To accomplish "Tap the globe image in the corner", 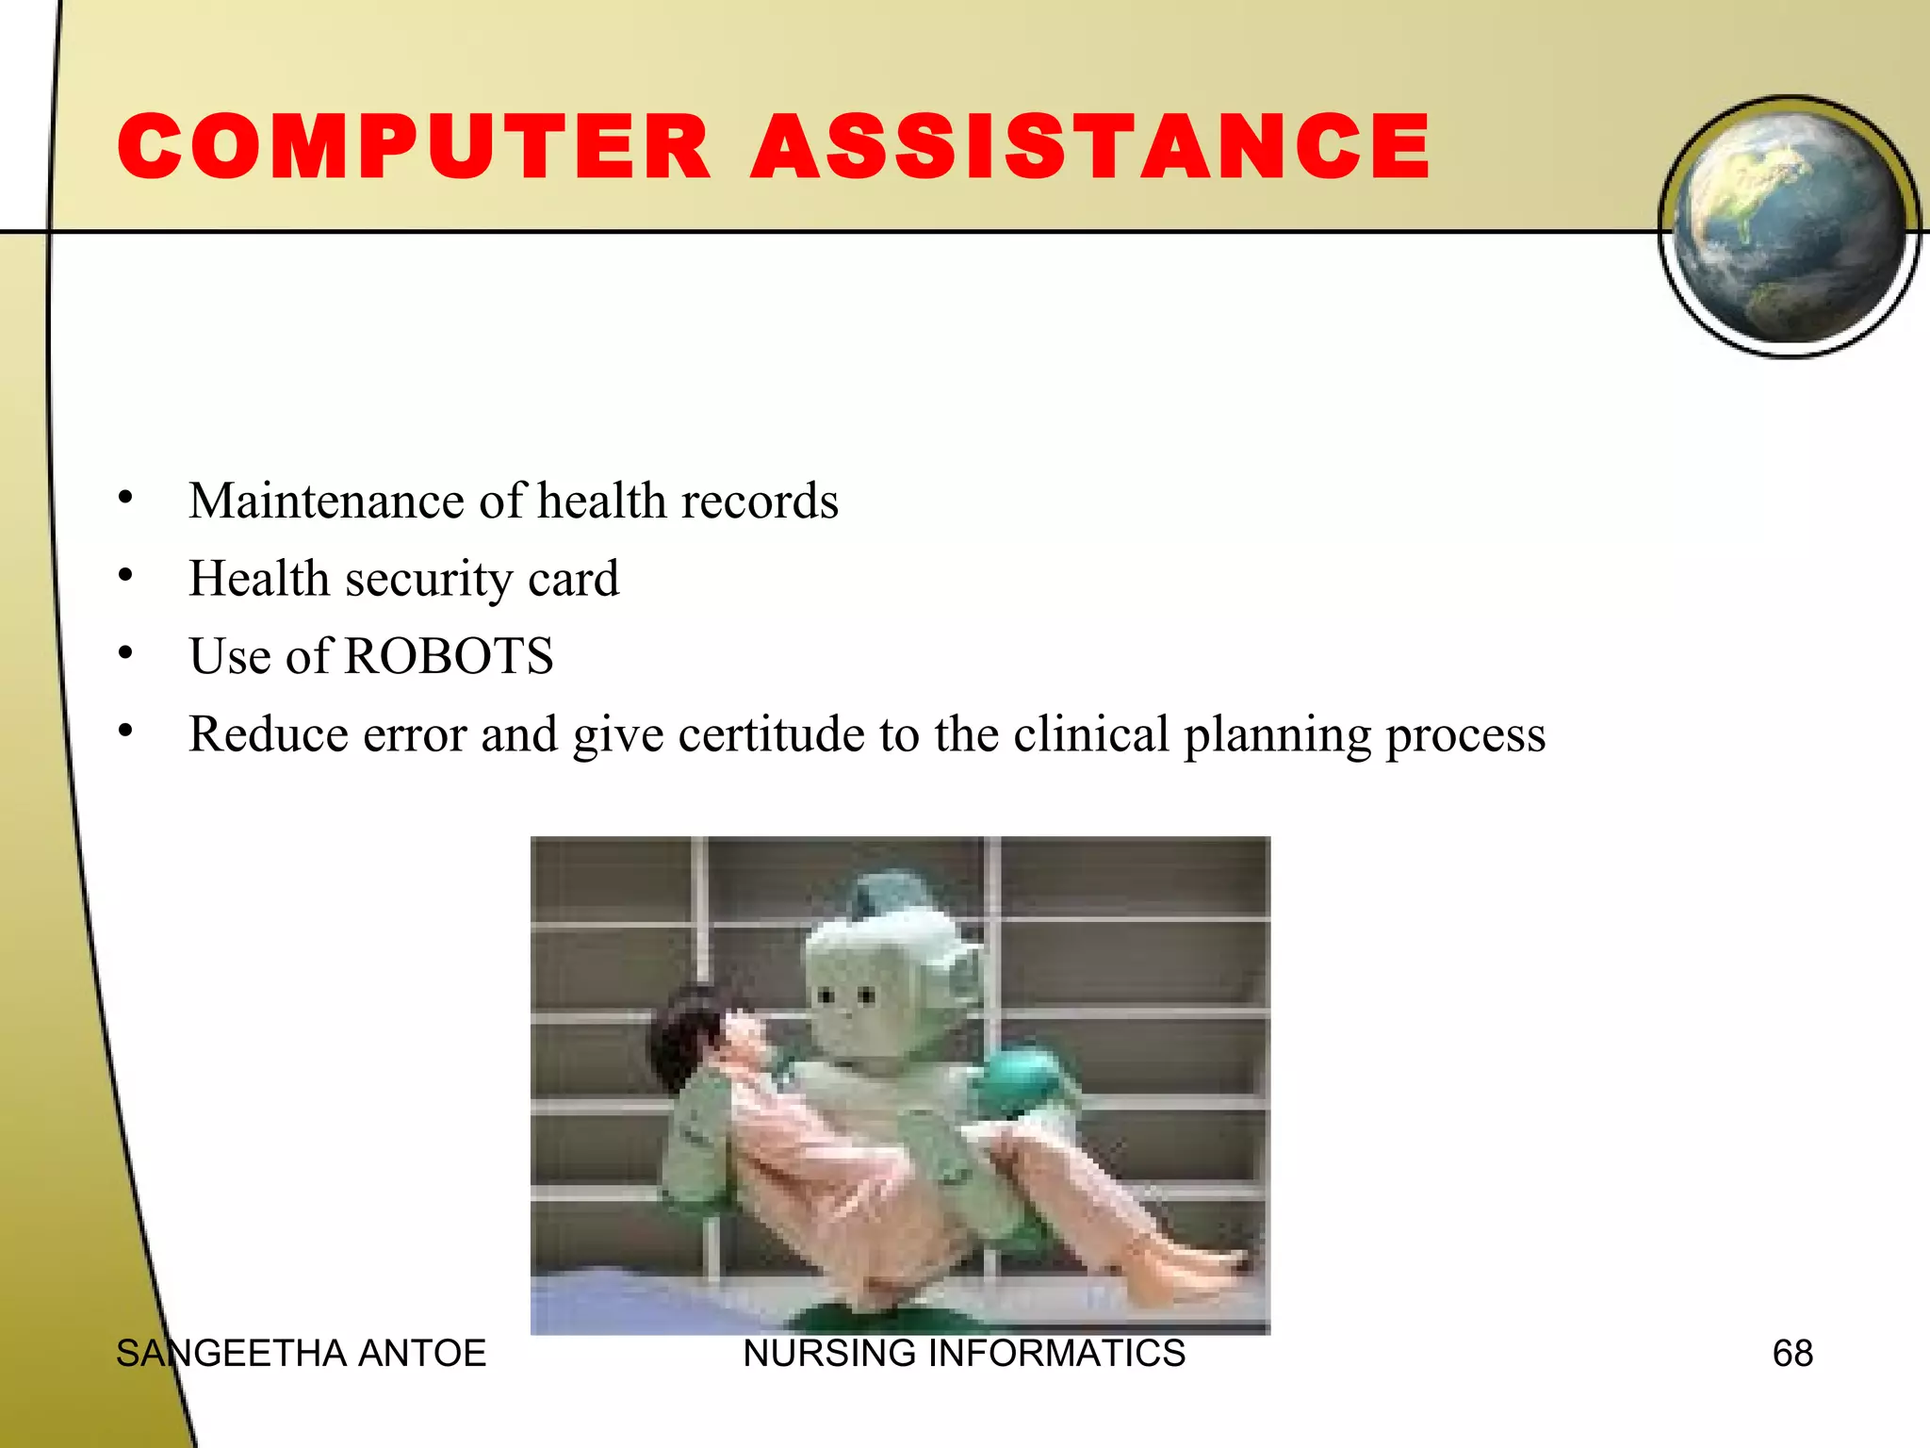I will tap(1790, 226).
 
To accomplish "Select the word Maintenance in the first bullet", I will tap(326, 501).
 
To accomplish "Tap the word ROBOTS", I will tap(449, 656).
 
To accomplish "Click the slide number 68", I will tap(1792, 1354).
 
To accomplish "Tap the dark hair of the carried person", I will tap(683, 1037).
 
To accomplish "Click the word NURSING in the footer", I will tap(828, 1354).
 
